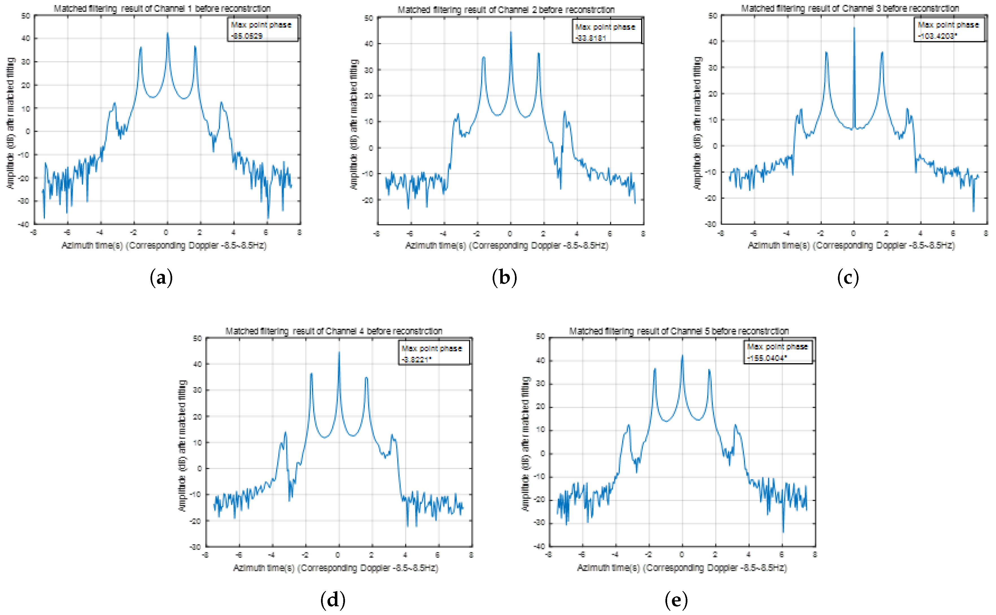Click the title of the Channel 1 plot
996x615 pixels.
coord(162,8)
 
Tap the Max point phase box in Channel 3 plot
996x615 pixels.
coord(949,29)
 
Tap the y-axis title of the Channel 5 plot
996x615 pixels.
coord(526,443)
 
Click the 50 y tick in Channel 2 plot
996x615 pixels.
coord(369,18)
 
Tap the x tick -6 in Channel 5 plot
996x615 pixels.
coord(582,554)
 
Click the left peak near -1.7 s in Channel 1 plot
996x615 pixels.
coord(141,48)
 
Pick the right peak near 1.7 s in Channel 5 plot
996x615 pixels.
coord(709,370)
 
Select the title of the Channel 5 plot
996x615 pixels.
coord(679,331)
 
